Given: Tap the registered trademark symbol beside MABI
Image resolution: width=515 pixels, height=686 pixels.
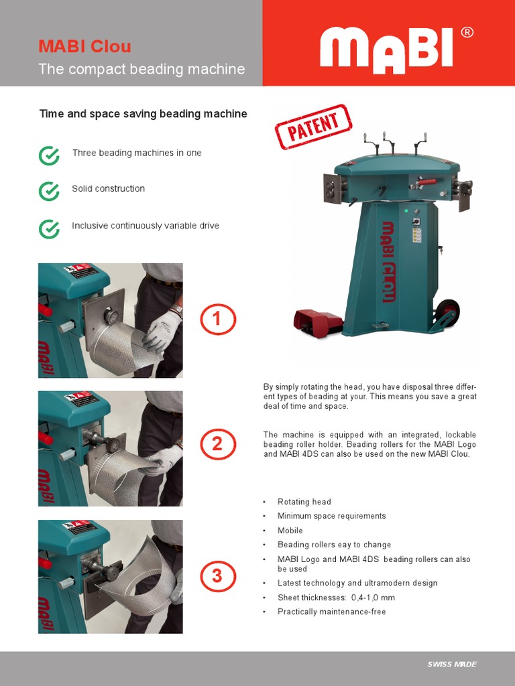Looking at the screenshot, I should click(467, 33).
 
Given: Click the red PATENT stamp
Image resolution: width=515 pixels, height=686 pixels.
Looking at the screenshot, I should click(313, 127).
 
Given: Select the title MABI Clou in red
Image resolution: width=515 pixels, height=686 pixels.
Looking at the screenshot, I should click(84, 46).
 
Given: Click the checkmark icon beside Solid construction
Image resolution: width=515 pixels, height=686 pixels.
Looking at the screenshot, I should click(49, 191).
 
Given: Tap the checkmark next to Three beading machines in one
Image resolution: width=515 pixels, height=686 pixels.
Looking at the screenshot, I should click(49, 155).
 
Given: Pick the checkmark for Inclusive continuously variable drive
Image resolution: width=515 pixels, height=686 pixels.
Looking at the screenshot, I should click(49, 228).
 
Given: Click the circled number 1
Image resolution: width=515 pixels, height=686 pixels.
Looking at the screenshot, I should click(217, 320).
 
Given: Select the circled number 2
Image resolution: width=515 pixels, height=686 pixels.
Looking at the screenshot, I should click(217, 444).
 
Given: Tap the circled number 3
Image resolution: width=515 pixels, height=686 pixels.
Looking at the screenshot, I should click(217, 575).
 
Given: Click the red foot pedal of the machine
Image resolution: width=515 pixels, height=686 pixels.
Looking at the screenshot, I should click(317, 322).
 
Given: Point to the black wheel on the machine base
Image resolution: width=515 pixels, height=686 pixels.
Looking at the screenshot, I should click(447, 312).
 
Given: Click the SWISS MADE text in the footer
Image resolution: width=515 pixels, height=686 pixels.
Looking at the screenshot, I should click(452, 664).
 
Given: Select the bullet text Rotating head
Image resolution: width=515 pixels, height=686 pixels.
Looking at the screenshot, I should click(304, 502).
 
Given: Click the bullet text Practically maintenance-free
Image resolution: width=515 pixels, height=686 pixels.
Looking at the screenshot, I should click(331, 612).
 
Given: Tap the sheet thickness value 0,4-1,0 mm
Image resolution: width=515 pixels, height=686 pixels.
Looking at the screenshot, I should click(373, 598).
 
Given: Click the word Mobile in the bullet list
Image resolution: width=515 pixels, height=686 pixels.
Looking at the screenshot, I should click(290, 531).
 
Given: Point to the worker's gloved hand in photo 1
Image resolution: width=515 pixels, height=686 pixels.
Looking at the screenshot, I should click(163, 330).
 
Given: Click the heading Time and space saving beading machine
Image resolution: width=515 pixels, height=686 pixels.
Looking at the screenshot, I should click(143, 114).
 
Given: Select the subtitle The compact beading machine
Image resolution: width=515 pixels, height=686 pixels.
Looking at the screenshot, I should click(141, 69).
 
